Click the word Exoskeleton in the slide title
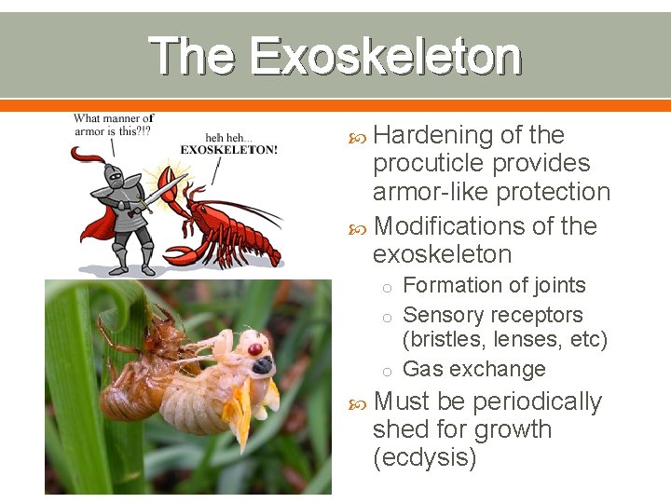pos(385,56)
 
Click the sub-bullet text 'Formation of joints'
pos(494,286)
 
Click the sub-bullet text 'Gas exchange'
pos(473,369)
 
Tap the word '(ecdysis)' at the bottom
pos(424,458)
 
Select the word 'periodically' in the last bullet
pos(537,401)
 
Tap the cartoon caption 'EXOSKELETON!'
pos(228,150)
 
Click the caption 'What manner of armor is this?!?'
pos(113,125)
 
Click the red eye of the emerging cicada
pos(254,348)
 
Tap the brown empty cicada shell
pos(140,373)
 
